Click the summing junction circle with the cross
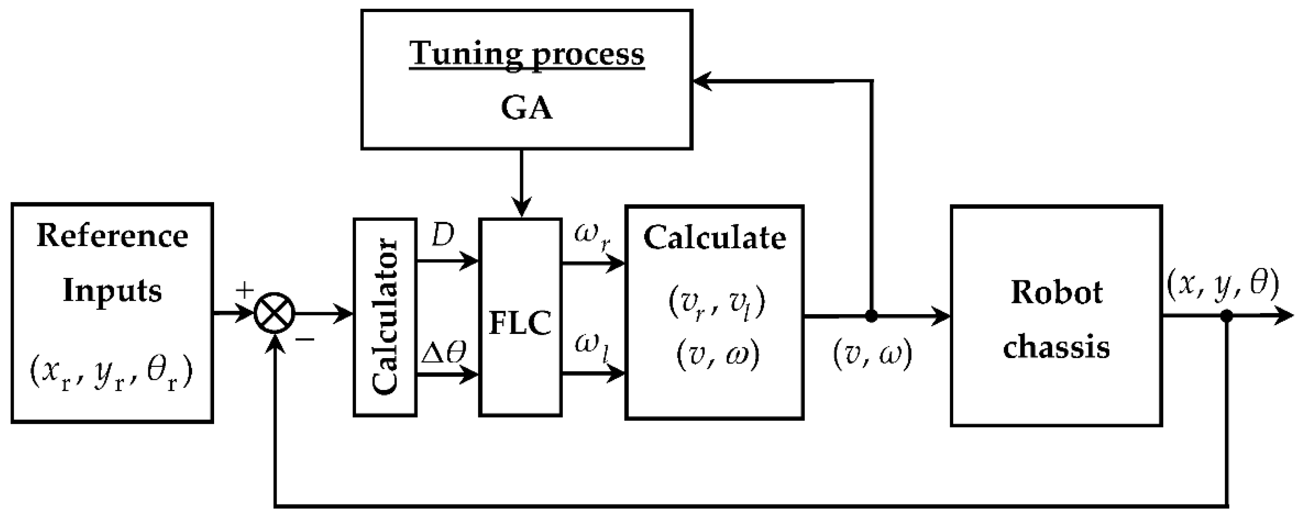(275, 315)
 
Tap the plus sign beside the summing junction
(246, 290)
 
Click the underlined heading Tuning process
(527, 53)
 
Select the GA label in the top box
(527, 108)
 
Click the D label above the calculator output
(443, 235)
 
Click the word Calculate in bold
(714, 238)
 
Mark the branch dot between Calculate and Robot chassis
(871, 316)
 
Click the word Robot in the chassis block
(1056, 292)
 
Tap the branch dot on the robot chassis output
(1227, 316)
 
